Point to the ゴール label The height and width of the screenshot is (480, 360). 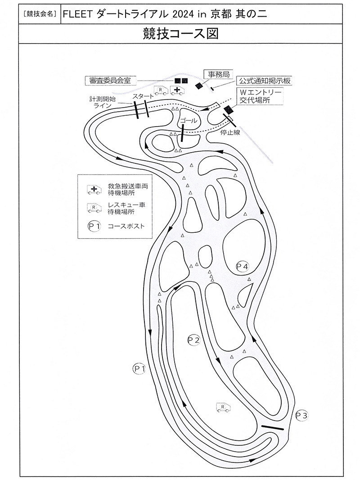188,121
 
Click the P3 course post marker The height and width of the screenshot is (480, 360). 301,415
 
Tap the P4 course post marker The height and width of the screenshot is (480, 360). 243,266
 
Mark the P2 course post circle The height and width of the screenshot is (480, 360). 193,340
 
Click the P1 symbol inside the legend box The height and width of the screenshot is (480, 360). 94,226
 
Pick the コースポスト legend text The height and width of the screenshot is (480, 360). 126,226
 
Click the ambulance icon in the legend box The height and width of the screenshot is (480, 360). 94,189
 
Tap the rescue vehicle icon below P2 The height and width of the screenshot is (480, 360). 223,408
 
